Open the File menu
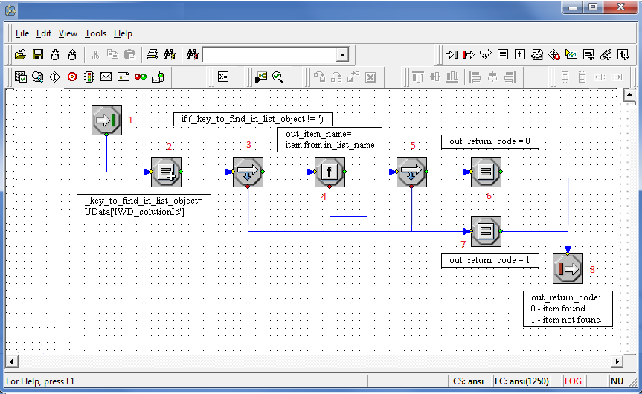22,33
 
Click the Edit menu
45,33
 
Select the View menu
68,33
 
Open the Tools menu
95,33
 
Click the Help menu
123,33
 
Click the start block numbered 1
106,120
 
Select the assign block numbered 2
166,172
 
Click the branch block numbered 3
248,172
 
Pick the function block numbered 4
330,172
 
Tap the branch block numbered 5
411,172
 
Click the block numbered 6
486,172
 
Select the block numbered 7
486,231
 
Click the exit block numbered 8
568,268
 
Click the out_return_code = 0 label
489,141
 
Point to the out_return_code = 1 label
489,260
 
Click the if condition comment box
252,119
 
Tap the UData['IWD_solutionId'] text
135,213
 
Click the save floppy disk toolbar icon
37,54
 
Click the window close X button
622,7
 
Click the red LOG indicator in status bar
573,381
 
